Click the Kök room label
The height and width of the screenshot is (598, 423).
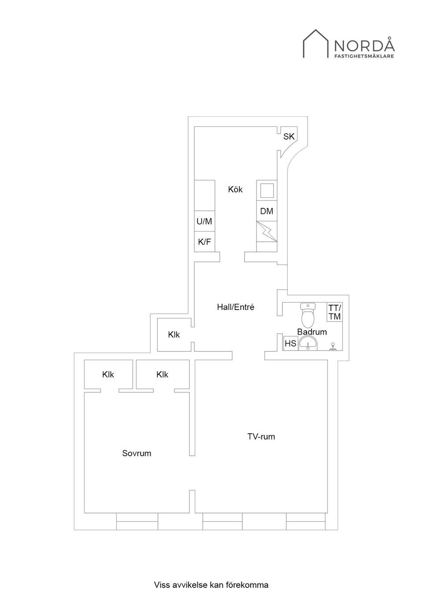point(235,189)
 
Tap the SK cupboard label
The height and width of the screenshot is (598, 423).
point(289,137)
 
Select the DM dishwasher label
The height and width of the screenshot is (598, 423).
point(267,211)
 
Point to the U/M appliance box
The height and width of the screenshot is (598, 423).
point(204,221)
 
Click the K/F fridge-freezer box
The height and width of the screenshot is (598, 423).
point(204,242)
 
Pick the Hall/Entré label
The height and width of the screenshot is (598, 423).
point(236,307)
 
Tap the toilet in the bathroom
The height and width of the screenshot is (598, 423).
point(308,315)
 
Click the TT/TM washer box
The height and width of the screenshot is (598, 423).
point(334,312)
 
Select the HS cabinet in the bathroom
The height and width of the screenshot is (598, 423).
point(290,343)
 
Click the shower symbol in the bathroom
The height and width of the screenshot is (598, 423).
point(333,346)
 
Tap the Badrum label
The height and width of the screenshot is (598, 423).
point(312,332)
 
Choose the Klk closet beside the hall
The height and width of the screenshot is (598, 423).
point(174,335)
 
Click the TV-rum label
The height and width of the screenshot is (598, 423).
point(261,437)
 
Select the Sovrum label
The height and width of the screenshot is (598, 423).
point(137,453)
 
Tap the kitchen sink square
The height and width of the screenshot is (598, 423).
point(267,191)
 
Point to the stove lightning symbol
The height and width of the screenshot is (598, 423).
point(267,232)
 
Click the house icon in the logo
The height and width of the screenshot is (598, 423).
point(315,44)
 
